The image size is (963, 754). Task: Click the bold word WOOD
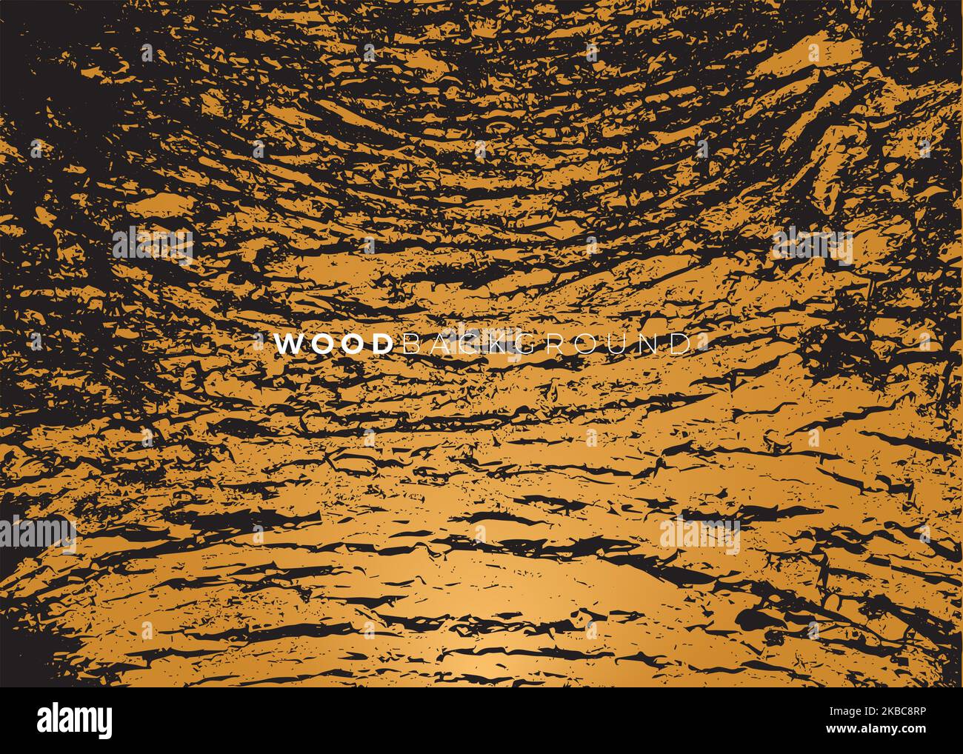(x=333, y=344)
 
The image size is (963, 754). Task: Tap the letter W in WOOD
(x=289, y=344)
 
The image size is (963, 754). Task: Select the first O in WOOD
(x=321, y=344)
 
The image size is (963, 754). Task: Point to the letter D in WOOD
(x=379, y=344)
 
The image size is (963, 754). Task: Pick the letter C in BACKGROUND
(x=468, y=344)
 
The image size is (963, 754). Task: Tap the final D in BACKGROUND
(x=676, y=344)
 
